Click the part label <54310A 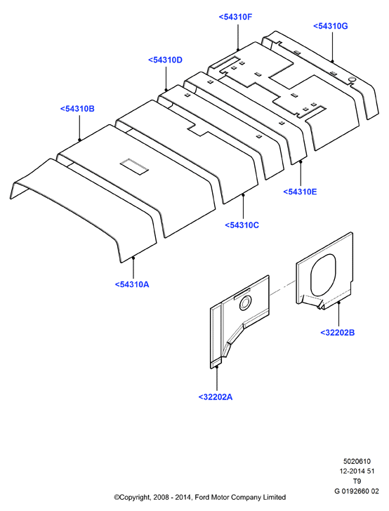pyautogui.click(x=132, y=284)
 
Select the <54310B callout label pyautogui.click(x=77, y=109)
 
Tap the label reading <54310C pyautogui.click(x=242, y=225)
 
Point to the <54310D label pyautogui.click(x=165, y=60)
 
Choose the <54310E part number pyautogui.click(x=300, y=192)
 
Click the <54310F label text pyautogui.click(x=235, y=17)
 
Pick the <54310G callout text pyautogui.click(x=330, y=26)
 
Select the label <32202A pyautogui.click(x=215, y=397)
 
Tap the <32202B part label pyautogui.click(x=337, y=333)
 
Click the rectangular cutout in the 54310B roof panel pyautogui.click(x=134, y=166)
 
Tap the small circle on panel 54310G pyautogui.click(x=352, y=80)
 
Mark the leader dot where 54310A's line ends pyautogui.click(x=133, y=258)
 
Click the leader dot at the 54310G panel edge pyautogui.click(x=332, y=61)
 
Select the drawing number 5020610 pyautogui.click(x=357, y=461)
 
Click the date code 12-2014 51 pyautogui.click(x=357, y=471)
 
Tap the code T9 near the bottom pyautogui.click(x=357, y=481)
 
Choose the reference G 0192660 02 pyautogui.click(x=357, y=491)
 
